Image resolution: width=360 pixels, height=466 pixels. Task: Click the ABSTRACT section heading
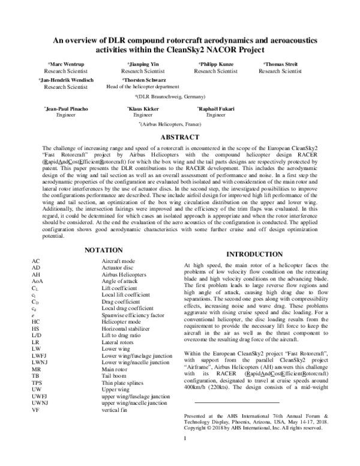(x=179, y=137)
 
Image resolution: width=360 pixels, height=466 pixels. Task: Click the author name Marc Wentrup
(x=65, y=64)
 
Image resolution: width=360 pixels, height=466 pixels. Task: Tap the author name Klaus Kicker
(x=143, y=108)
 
